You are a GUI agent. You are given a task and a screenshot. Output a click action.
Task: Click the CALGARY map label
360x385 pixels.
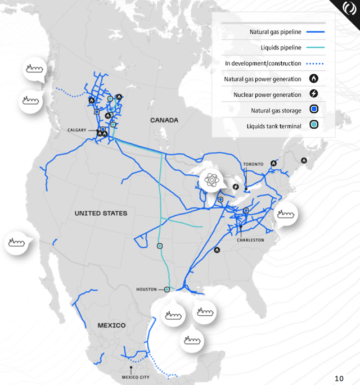point(77,130)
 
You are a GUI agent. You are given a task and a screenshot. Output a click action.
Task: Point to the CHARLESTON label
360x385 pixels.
point(250,239)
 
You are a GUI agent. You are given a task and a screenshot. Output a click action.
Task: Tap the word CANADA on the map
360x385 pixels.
point(164,120)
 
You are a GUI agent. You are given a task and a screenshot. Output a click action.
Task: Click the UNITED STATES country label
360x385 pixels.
point(101,214)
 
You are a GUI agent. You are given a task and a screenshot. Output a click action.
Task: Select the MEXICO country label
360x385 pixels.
point(111,325)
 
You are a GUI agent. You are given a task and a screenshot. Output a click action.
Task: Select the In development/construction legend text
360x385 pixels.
point(263,64)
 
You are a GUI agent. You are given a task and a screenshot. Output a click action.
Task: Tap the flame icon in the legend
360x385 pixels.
point(314,79)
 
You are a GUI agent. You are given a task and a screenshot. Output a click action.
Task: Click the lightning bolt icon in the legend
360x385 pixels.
point(314,95)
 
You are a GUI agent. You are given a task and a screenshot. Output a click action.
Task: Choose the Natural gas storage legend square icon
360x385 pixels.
point(314,111)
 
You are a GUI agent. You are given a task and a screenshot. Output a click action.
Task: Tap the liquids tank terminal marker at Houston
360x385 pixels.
point(167,289)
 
